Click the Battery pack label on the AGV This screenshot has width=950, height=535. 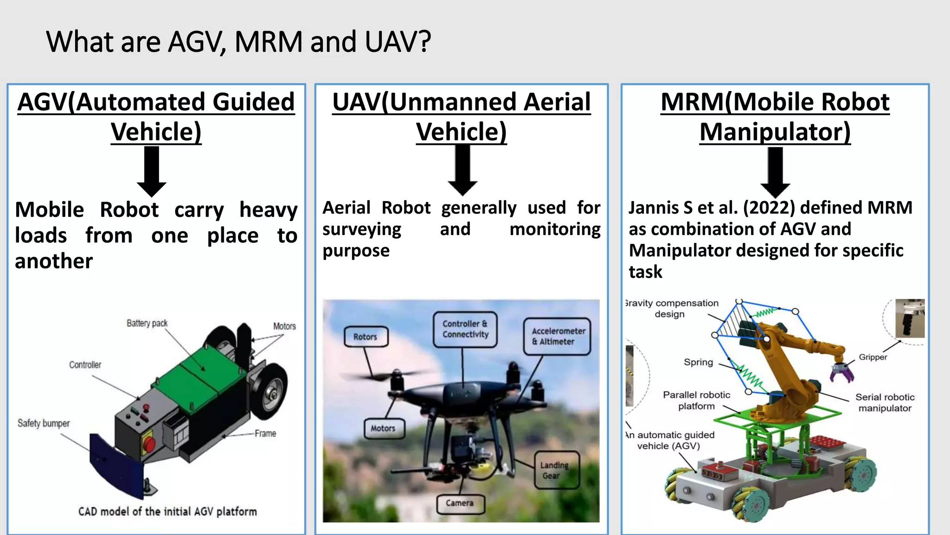pos(147,323)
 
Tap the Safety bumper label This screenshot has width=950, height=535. pos(44,423)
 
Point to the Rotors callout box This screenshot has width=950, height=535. pos(366,337)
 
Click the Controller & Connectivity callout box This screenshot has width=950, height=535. pos(465,329)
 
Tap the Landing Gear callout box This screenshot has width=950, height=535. pos(555,470)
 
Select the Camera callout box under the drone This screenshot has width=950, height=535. pos(460,503)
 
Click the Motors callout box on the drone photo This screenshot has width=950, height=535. pos(383,428)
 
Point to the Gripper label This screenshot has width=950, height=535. pos(873,357)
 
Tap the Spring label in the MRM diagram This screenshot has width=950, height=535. pos(698,362)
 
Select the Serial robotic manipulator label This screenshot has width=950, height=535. pos(885,403)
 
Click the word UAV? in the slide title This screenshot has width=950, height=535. pos(398,42)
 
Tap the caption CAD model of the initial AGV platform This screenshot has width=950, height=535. pos(167,512)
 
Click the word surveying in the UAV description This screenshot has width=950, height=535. pos(362,229)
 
